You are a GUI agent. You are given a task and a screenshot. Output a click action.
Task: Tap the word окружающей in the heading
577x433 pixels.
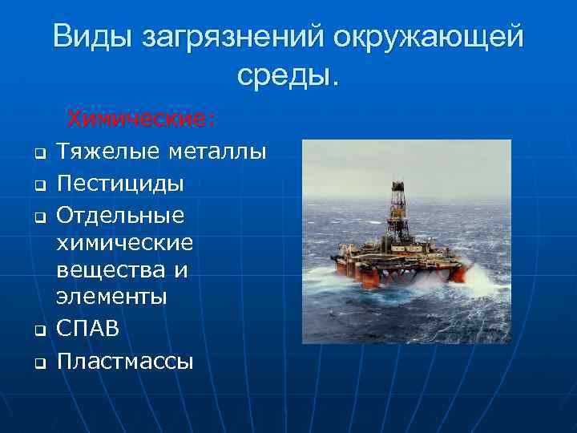pyautogui.click(x=430, y=38)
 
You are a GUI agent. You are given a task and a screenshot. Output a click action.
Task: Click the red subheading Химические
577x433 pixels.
pyautogui.click(x=141, y=119)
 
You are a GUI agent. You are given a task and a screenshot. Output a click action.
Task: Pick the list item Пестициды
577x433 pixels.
pyautogui.click(x=121, y=184)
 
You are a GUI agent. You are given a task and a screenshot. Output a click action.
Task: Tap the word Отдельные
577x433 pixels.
pyautogui.click(x=121, y=216)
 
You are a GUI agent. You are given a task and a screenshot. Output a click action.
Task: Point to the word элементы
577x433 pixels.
pyautogui.click(x=111, y=297)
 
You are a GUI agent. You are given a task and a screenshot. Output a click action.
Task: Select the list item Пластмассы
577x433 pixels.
pyautogui.click(x=125, y=361)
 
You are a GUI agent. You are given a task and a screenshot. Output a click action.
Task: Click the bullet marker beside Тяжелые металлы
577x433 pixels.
pyautogui.click(x=37, y=153)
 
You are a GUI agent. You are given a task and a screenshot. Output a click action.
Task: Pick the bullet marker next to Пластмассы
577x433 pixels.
pyautogui.click(x=37, y=362)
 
